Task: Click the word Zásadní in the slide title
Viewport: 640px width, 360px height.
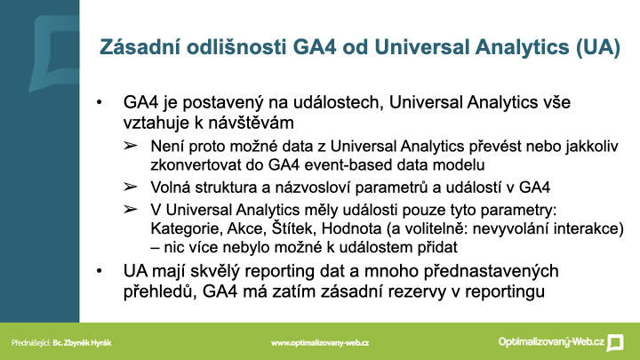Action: (140, 46)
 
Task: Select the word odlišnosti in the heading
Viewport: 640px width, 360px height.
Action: (236, 46)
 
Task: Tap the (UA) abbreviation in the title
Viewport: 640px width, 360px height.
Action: (598, 47)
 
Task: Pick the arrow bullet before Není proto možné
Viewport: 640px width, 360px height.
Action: (130, 146)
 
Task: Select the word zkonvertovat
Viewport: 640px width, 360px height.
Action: (197, 165)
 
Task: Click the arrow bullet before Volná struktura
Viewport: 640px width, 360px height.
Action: (130, 187)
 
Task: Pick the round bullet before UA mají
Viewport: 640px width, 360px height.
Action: (100, 271)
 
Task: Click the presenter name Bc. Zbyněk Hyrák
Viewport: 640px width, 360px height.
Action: (82, 343)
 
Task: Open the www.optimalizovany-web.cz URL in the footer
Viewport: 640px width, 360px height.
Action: (320, 343)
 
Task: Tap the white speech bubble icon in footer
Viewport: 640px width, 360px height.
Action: (615, 342)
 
